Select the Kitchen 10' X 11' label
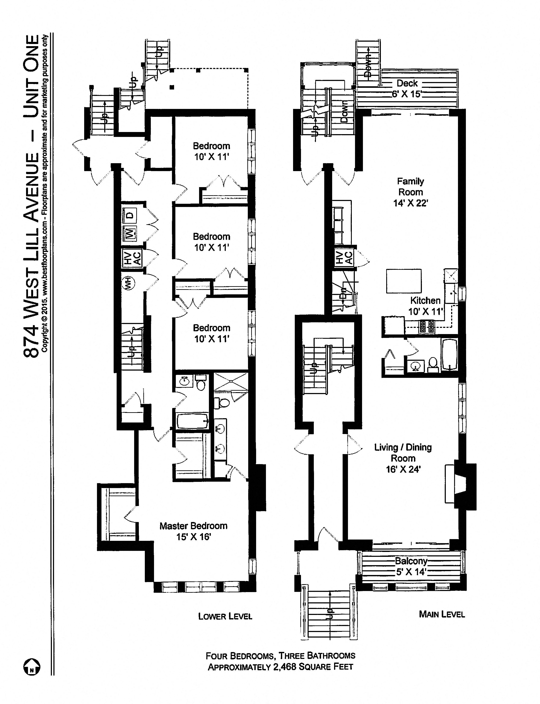tap(425, 306)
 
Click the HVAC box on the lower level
tap(132, 258)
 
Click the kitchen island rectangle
tap(404, 281)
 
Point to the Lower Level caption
tap(225, 616)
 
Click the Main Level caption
tap(442, 614)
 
